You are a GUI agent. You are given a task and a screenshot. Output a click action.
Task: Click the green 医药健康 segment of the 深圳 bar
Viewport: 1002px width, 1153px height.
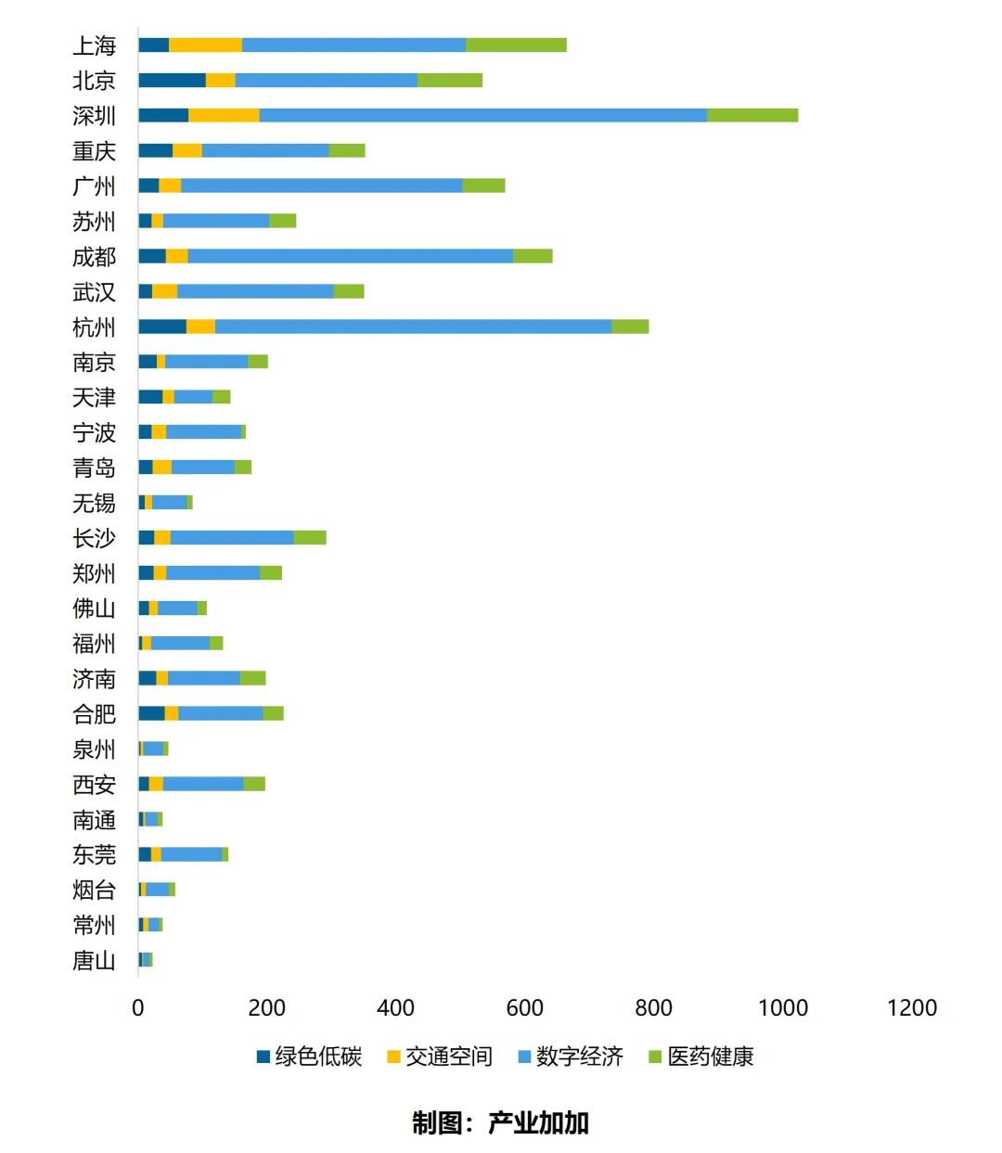(x=751, y=115)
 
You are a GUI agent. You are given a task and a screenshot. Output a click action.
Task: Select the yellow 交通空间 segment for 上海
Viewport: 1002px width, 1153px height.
(x=205, y=45)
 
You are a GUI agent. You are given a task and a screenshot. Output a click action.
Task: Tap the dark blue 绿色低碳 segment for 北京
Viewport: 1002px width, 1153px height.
(x=172, y=81)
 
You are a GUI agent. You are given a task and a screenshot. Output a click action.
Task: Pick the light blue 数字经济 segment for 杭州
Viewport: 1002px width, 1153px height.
(x=413, y=327)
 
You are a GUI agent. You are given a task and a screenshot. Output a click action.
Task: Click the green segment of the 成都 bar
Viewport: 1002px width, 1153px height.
(x=533, y=256)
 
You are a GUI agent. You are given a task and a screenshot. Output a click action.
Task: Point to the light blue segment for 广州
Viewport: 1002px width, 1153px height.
(x=321, y=186)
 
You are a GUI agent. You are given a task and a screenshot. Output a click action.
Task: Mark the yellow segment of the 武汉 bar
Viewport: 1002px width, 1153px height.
(x=164, y=291)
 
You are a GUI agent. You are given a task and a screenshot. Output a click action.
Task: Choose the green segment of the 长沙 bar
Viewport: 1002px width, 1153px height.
(x=310, y=538)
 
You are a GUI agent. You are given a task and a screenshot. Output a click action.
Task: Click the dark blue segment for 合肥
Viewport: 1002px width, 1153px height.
(x=151, y=713)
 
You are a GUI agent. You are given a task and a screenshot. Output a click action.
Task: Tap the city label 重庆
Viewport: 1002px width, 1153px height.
(x=94, y=151)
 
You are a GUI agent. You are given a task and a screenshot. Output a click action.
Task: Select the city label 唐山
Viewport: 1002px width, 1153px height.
(x=94, y=960)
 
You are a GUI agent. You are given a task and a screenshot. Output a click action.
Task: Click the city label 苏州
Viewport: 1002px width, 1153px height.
(x=94, y=222)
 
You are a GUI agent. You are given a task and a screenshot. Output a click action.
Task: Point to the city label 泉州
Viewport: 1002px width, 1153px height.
(x=94, y=749)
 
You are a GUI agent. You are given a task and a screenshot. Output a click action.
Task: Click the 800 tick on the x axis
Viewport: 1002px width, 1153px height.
(x=653, y=1008)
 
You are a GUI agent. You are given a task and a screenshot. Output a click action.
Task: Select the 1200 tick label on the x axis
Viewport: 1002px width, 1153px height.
(x=911, y=1008)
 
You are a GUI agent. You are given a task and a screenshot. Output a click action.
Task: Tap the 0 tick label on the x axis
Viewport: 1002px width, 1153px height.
(x=138, y=1008)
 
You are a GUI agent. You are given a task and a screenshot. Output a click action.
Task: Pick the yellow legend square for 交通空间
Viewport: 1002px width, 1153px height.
(x=393, y=1057)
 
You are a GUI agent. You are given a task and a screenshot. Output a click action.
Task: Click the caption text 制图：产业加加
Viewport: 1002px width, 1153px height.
(x=500, y=1123)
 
